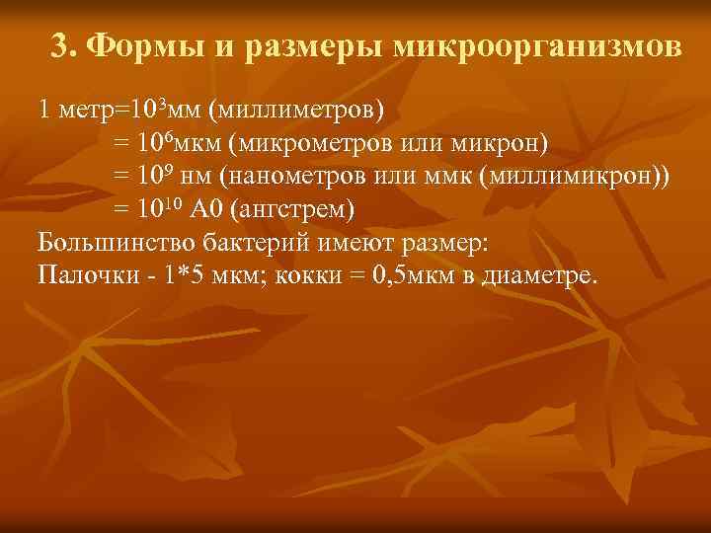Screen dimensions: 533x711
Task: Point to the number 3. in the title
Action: click(x=64, y=46)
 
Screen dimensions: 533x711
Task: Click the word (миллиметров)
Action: click(x=296, y=108)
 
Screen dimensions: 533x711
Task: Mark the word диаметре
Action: click(x=539, y=275)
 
